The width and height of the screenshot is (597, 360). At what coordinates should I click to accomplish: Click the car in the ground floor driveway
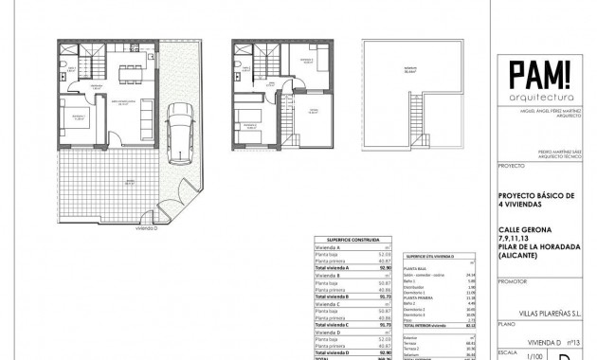click(x=180, y=128)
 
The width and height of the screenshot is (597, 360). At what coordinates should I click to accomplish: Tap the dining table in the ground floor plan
click(x=130, y=72)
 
